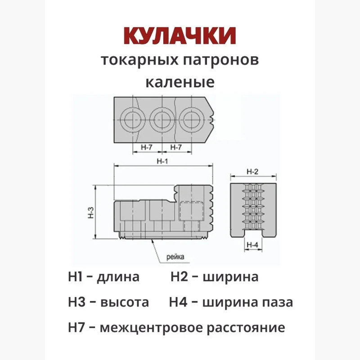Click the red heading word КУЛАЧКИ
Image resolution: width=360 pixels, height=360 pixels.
pyautogui.click(x=180, y=36)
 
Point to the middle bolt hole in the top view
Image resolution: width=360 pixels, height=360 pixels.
pyautogui.click(x=162, y=119)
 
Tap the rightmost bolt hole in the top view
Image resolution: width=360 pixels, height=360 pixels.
pyautogui.click(x=191, y=119)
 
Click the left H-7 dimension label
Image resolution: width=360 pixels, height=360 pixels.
pyautogui.click(x=147, y=147)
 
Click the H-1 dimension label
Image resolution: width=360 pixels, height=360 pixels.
pyautogui.click(x=162, y=162)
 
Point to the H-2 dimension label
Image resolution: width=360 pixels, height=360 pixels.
pyautogui.click(x=253, y=171)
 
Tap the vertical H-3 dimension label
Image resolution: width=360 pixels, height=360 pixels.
pyautogui.click(x=90, y=212)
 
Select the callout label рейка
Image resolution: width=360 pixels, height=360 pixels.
pyautogui.click(x=175, y=257)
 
